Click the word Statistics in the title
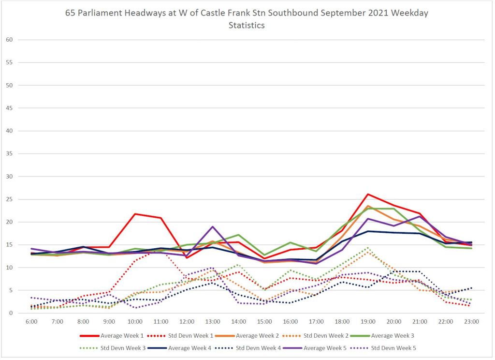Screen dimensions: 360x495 pyautogui.click(x=247, y=25)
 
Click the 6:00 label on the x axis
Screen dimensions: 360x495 pyautogui.click(x=31, y=321)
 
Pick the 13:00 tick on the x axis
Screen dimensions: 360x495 pyautogui.click(x=213, y=321)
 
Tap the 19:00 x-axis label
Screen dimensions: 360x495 pyautogui.click(x=368, y=321)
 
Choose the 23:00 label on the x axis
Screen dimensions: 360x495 pyautogui.click(x=471, y=321)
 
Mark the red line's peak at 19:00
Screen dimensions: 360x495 pyautogui.click(x=368, y=194)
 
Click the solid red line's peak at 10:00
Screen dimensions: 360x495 pyautogui.click(x=135, y=214)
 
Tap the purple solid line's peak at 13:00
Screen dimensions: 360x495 pyautogui.click(x=213, y=226)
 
